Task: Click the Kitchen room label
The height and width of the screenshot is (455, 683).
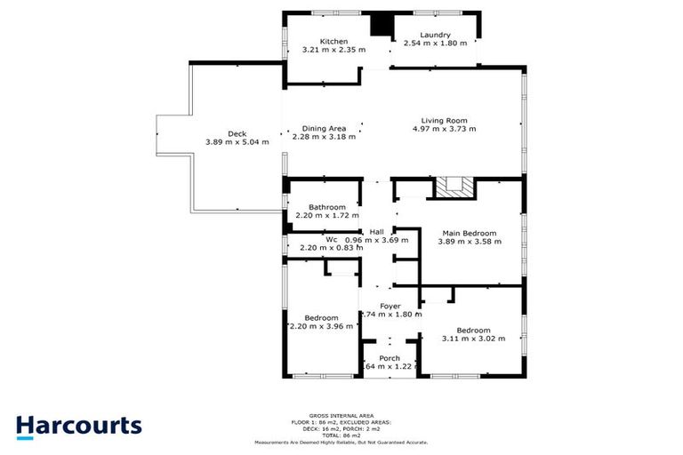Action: (321, 41)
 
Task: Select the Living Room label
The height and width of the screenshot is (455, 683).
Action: (444, 121)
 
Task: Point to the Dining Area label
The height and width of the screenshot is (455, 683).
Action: (324, 128)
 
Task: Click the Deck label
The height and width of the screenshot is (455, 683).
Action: (236, 133)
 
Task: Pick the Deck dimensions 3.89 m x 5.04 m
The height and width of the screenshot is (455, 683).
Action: (236, 142)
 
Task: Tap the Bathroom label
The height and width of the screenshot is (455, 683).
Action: (326, 207)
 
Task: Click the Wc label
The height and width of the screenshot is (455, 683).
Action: (331, 239)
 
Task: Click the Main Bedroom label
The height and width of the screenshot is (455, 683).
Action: (469, 233)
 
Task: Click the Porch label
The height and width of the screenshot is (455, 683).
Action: (390, 358)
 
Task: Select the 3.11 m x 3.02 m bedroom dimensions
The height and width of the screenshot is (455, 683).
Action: (473, 339)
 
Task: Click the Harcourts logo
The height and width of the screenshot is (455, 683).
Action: (78, 425)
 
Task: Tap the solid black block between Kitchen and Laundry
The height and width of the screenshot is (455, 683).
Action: (382, 25)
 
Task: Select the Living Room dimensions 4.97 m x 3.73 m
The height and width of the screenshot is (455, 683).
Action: (444, 130)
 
